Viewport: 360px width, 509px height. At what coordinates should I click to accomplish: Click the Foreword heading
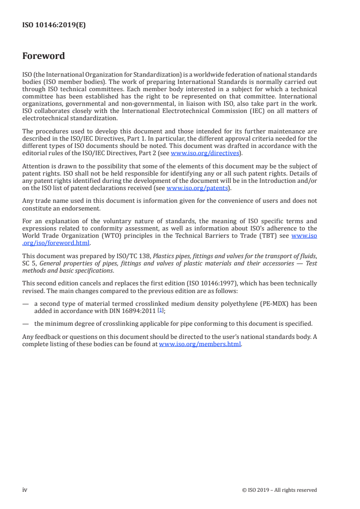44,56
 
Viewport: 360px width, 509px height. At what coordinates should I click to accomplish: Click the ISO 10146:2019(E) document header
54,25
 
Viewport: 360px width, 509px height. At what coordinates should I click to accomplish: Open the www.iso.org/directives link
205,153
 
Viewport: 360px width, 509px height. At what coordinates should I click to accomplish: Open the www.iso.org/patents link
197,188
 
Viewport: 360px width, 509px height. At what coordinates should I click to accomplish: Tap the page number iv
25,489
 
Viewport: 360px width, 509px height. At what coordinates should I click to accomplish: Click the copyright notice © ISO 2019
279,490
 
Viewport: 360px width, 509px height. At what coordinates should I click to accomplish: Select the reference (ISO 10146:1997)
187,283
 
